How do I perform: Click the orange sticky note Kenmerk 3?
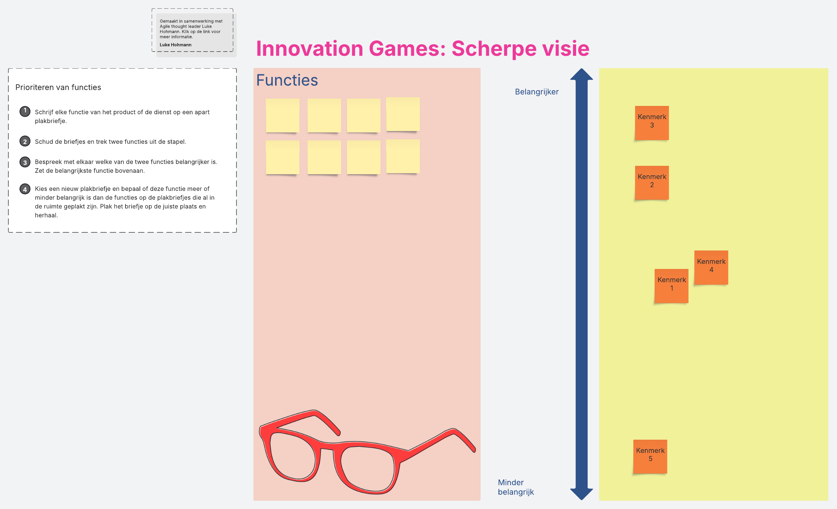pyautogui.click(x=652, y=123)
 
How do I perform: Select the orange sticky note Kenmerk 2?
pyautogui.click(x=652, y=183)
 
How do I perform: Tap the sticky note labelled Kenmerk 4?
pyautogui.click(x=711, y=268)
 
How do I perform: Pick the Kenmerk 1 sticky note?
pyautogui.click(x=671, y=286)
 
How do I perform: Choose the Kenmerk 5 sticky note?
pyautogui.click(x=650, y=457)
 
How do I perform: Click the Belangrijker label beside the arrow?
pyautogui.click(x=537, y=92)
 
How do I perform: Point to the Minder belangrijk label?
pyautogui.click(x=516, y=487)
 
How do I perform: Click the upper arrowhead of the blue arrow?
pyautogui.click(x=582, y=74)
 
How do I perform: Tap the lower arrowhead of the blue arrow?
pyautogui.click(x=582, y=494)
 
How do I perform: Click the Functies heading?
pyautogui.click(x=287, y=80)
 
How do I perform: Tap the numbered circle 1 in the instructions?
pyautogui.click(x=25, y=111)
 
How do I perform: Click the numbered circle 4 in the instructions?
pyautogui.click(x=25, y=189)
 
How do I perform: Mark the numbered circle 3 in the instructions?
pyautogui.click(x=25, y=162)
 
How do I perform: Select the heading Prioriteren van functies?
pyautogui.click(x=58, y=87)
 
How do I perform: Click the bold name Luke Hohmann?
pyautogui.click(x=175, y=45)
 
